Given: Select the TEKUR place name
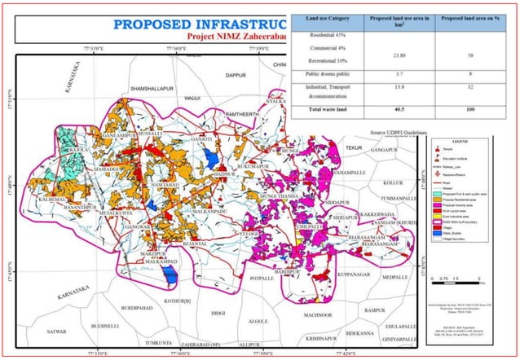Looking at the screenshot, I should click(x=353, y=147).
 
